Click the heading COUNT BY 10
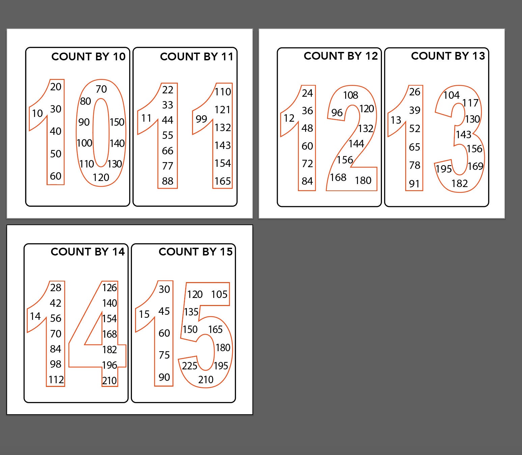pyautogui.click(x=88, y=57)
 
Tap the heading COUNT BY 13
pyautogui.click(x=448, y=56)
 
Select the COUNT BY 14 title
pyautogui.click(x=88, y=252)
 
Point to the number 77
pyautogui.click(x=167, y=166)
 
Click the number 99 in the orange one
pyautogui.click(x=201, y=119)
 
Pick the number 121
pyautogui.click(x=223, y=110)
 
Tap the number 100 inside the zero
pyautogui.click(x=84, y=143)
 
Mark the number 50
pyautogui.click(x=56, y=154)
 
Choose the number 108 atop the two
pyautogui.click(x=351, y=95)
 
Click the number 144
pyautogui.click(x=356, y=144)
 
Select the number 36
pyautogui.click(x=307, y=111)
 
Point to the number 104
pyautogui.click(x=451, y=95)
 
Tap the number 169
pyautogui.click(x=475, y=166)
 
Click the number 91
pyautogui.click(x=414, y=184)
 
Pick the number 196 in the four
pyautogui.click(x=110, y=365)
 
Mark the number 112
pyautogui.click(x=56, y=380)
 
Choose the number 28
pyautogui.click(x=56, y=287)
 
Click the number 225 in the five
pyautogui.click(x=190, y=366)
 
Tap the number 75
pyautogui.click(x=164, y=355)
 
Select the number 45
pyautogui.click(x=164, y=311)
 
